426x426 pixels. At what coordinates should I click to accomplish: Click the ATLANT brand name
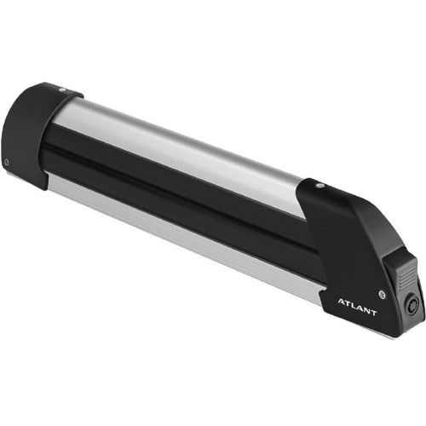pyautogui.click(x=357, y=307)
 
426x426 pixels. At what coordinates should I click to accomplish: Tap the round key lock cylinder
pyautogui.click(x=412, y=302)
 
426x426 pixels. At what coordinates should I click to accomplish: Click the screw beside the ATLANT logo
pyautogui.click(x=383, y=294)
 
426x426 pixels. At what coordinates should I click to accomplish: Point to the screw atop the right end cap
pyautogui.click(x=320, y=186)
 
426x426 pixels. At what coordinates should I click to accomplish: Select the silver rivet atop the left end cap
pyautogui.click(x=63, y=90)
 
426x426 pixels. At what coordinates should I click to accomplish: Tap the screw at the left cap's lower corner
pyautogui.click(x=7, y=163)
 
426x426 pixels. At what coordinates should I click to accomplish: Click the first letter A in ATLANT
pyautogui.click(x=342, y=302)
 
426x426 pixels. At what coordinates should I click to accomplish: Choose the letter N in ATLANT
pyautogui.click(x=366, y=309)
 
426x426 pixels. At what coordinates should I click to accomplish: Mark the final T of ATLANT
pyautogui.click(x=373, y=313)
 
